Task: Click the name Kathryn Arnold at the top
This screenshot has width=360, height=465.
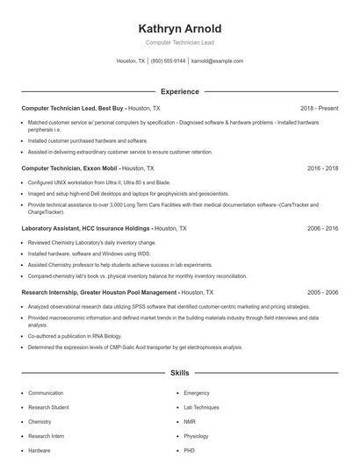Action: (179, 28)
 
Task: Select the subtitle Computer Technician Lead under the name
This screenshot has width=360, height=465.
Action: (179, 42)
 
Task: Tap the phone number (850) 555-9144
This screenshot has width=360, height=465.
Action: (168, 61)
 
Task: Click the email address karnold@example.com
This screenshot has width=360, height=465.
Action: (217, 61)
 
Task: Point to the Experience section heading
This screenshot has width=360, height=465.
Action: (179, 91)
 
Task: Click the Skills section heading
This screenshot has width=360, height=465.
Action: (179, 373)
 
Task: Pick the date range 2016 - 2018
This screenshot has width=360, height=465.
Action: (322, 168)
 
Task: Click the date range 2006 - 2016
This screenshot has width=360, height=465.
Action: (322, 227)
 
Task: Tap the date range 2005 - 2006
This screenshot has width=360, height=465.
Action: (322, 291)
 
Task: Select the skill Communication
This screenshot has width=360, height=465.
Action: (46, 393)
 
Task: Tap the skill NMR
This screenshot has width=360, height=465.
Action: (190, 422)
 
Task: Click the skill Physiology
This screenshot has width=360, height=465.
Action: (196, 436)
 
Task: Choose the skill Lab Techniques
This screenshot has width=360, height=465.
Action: (201, 408)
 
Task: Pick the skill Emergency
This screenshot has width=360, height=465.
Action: (197, 393)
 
